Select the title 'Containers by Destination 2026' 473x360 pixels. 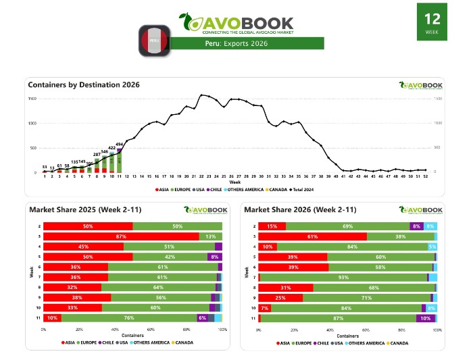[84, 85]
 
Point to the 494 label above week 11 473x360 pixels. [119, 144]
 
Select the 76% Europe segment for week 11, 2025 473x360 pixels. [128, 317]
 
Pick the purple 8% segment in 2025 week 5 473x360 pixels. [214, 257]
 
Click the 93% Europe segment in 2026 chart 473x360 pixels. [344, 277]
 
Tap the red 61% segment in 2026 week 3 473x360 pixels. [313, 236]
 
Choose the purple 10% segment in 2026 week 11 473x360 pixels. [425, 317]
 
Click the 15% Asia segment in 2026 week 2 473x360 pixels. [272, 226]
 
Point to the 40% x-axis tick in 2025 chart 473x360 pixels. [116, 330]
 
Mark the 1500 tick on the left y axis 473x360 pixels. [32, 99]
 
